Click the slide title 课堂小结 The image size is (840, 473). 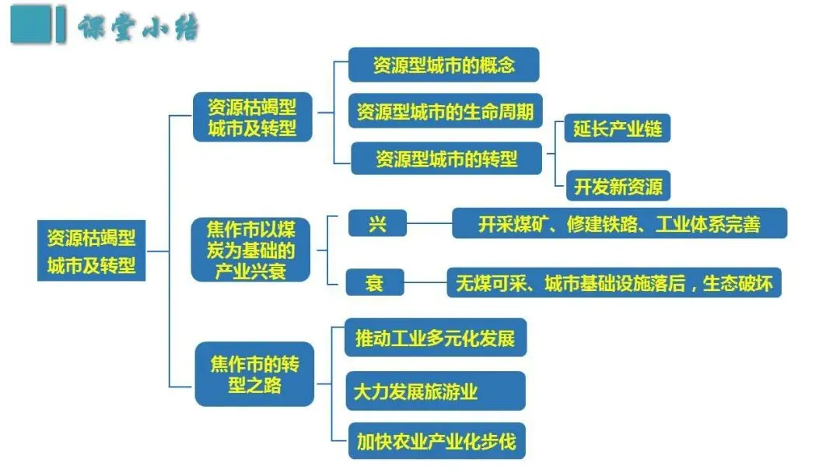[138, 28]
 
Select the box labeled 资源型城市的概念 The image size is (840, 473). [443, 65]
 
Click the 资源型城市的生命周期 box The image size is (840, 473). [445, 111]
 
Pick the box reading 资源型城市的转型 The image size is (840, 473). [446, 159]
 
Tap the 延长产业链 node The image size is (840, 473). [618, 128]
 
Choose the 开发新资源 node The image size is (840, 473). [618, 187]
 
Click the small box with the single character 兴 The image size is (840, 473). [377, 225]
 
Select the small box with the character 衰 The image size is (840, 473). [375, 282]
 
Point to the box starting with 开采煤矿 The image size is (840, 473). [619, 225]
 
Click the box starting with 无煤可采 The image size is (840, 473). [613, 283]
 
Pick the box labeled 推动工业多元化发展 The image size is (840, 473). [435, 338]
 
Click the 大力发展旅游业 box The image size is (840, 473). [435, 391]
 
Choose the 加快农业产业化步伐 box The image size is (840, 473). [436, 441]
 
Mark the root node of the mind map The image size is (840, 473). [91, 251]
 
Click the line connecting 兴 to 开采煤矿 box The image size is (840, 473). [429, 225]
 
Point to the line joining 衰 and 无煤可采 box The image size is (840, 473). [425, 282]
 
